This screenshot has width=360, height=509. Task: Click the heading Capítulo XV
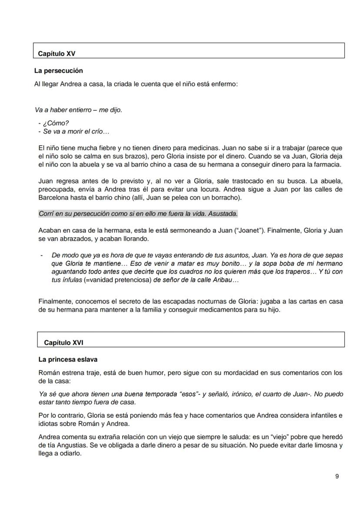(57, 54)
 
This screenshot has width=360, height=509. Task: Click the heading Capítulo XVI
(64, 343)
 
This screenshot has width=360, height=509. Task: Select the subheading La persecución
(59, 70)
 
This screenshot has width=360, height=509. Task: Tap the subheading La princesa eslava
(68, 359)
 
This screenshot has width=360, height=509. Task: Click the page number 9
(337, 476)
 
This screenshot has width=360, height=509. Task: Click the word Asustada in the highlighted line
(223, 214)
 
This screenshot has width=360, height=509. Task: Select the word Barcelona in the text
(54, 198)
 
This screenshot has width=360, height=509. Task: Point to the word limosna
(323, 445)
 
